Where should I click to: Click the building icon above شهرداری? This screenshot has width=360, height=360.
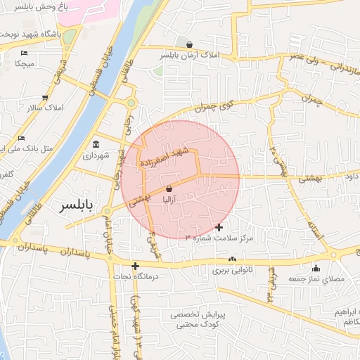click(x=96, y=145)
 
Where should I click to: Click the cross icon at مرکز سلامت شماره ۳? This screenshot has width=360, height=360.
click(x=219, y=227)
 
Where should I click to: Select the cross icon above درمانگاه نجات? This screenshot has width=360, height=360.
click(x=135, y=265)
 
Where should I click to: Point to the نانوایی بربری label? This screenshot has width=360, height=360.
click(x=231, y=270)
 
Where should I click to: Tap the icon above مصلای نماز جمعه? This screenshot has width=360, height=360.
click(x=316, y=268)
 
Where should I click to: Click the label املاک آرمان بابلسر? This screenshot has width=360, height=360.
click(x=189, y=55)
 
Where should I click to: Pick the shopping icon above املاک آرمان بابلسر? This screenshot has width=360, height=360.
click(x=188, y=44)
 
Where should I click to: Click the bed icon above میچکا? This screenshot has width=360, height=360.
click(x=25, y=53)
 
